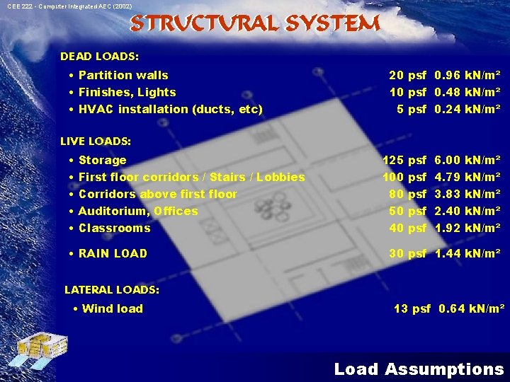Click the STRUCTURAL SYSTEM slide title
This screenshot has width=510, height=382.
coord(255,24)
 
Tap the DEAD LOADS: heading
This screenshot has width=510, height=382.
coord(99,56)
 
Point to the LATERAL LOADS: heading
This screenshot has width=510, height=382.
coord(112,289)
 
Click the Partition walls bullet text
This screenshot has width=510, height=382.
coord(123,75)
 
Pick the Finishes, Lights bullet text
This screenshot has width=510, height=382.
coord(127,92)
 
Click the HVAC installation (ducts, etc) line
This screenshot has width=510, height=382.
coord(170,109)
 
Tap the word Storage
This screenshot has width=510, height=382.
coord(102,160)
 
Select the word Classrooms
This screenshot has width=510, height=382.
coord(114,228)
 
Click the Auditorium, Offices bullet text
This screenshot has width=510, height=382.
coord(138,211)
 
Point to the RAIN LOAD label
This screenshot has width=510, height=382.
coord(113,253)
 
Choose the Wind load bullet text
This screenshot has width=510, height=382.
coord(112,308)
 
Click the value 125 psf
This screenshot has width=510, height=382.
coord(404,160)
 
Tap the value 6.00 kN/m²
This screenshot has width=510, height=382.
coord(467,160)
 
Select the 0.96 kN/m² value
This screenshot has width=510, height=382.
coord(467,75)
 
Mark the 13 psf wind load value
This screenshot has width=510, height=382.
coord(412,308)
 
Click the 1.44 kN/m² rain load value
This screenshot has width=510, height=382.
coord(467,253)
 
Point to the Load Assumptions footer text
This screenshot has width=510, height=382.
coord(419,369)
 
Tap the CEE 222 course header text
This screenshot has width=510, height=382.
coord(69,6)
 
